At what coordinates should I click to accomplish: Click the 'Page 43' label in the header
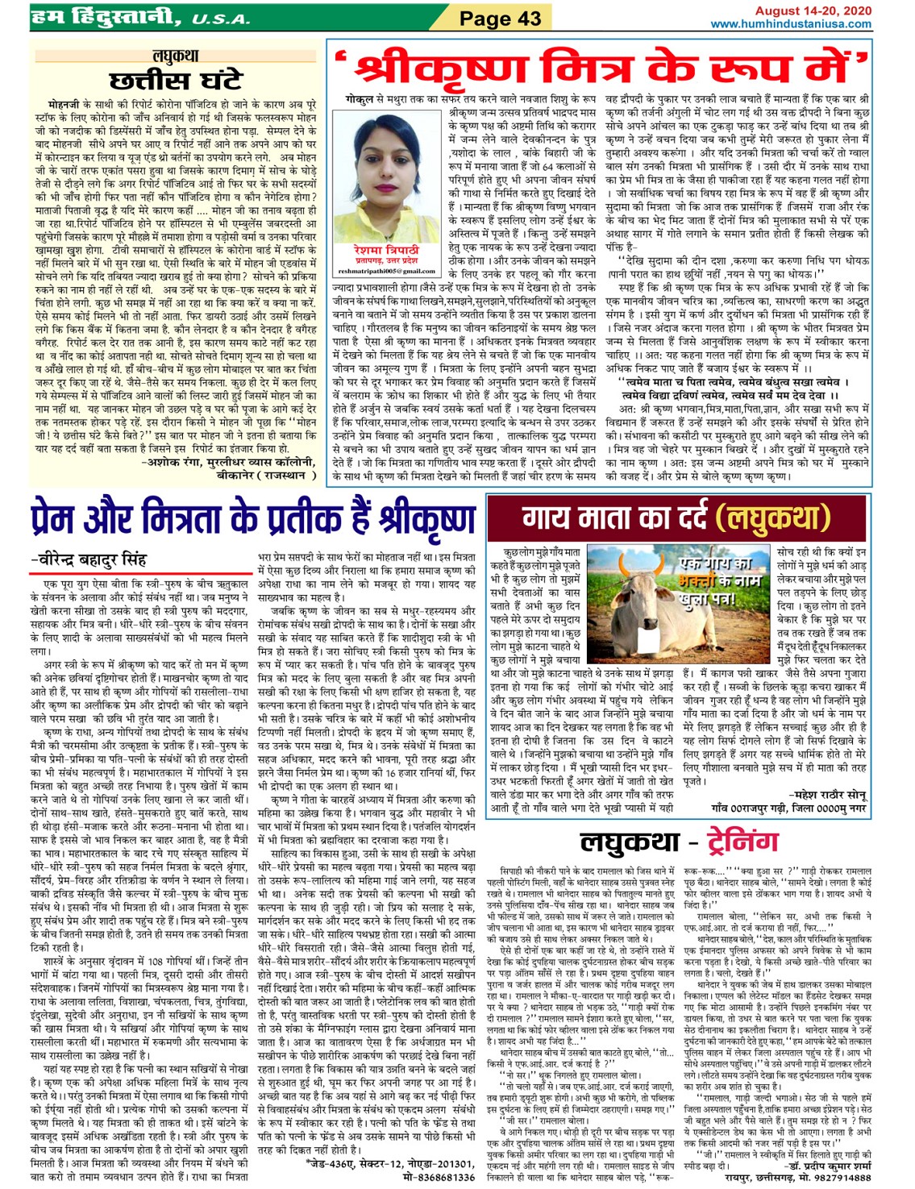[500, 18]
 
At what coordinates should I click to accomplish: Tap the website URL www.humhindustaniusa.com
[790, 24]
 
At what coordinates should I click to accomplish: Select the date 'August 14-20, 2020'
[813, 10]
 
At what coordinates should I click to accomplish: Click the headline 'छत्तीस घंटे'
[176, 81]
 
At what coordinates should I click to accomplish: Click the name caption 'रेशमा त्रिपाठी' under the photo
[386, 251]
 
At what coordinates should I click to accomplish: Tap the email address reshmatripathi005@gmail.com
[386, 272]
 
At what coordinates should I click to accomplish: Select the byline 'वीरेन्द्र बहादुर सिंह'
[93, 559]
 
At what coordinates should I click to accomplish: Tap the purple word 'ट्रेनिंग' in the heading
[742, 842]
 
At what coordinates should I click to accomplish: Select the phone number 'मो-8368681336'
[439, 1177]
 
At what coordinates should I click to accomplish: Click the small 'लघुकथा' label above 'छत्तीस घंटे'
[175, 56]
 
